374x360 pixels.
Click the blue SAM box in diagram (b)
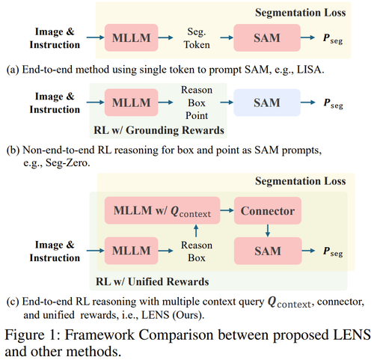pyautogui.click(x=267, y=103)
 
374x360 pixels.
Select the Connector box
pyautogui.click(x=268, y=210)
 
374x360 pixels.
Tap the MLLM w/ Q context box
pyautogui.click(x=162, y=210)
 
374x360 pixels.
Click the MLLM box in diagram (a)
pyautogui.click(x=131, y=37)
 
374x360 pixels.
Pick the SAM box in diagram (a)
pyautogui.click(x=267, y=37)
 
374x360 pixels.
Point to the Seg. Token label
pyautogui.click(x=197, y=38)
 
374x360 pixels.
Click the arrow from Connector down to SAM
pyautogui.click(x=268, y=231)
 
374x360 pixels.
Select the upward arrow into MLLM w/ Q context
pyautogui.click(x=196, y=231)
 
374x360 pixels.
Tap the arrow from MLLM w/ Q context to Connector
pyautogui.click(x=227, y=210)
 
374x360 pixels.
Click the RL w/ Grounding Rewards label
pyautogui.click(x=159, y=130)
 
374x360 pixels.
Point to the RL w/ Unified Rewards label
pyautogui.click(x=153, y=281)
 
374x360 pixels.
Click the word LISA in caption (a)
pyautogui.click(x=310, y=70)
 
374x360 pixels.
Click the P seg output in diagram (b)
pyautogui.click(x=333, y=103)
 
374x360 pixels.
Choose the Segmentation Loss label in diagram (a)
pyautogui.click(x=301, y=13)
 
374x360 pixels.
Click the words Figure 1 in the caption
pyautogui.click(x=33, y=335)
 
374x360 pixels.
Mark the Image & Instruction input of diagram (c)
pyautogui.click(x=55, y=251)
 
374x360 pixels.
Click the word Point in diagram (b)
pyautogui.click(x=197, y=116)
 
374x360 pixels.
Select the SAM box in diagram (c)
pyautogui.click(x=268, y=251)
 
